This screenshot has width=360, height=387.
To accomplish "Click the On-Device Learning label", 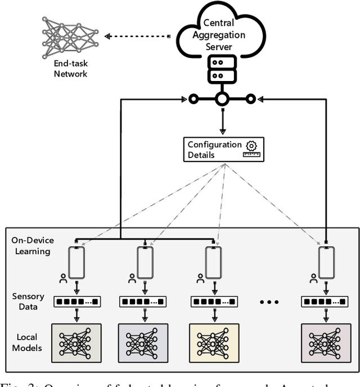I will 31,245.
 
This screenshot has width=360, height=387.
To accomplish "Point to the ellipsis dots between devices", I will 269,302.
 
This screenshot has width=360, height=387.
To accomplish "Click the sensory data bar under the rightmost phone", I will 326,302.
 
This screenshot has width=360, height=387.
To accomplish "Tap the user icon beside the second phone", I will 132,278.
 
